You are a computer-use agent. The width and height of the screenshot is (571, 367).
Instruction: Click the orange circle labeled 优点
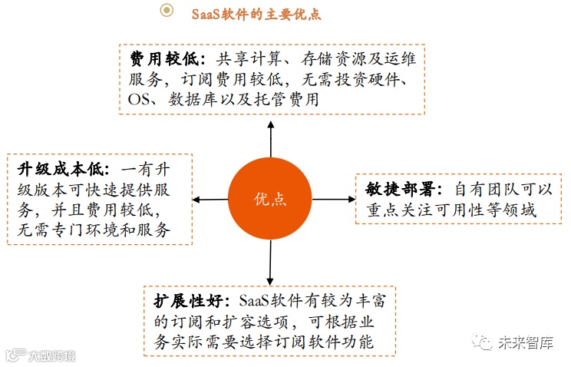(x=269, y=199)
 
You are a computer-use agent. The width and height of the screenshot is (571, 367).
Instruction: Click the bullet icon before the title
(x=166, y=11)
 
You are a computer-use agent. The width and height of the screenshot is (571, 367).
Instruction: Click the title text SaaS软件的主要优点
(x=256, y=12)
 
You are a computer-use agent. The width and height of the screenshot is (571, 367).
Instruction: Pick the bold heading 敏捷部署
(x=405, y=189)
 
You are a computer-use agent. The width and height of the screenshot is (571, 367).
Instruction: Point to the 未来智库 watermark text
(x=525, y=343)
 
